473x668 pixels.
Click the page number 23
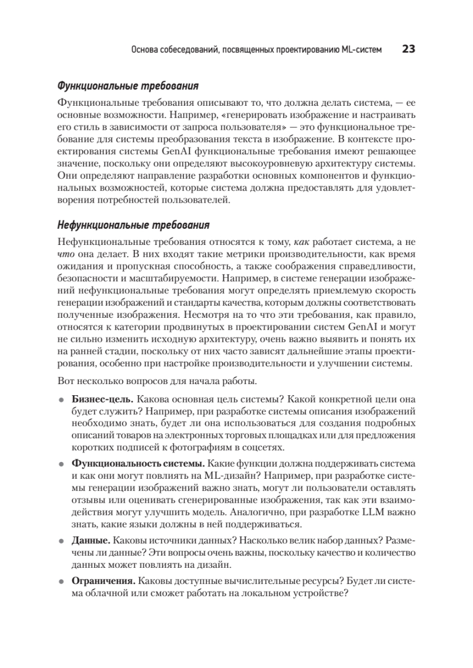pos(408,50)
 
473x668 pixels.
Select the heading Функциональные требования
pos(128,87)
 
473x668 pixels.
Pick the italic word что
pos(65,254)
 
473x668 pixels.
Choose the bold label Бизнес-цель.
pos(102,400)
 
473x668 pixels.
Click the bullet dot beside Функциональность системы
pos(61,464)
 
